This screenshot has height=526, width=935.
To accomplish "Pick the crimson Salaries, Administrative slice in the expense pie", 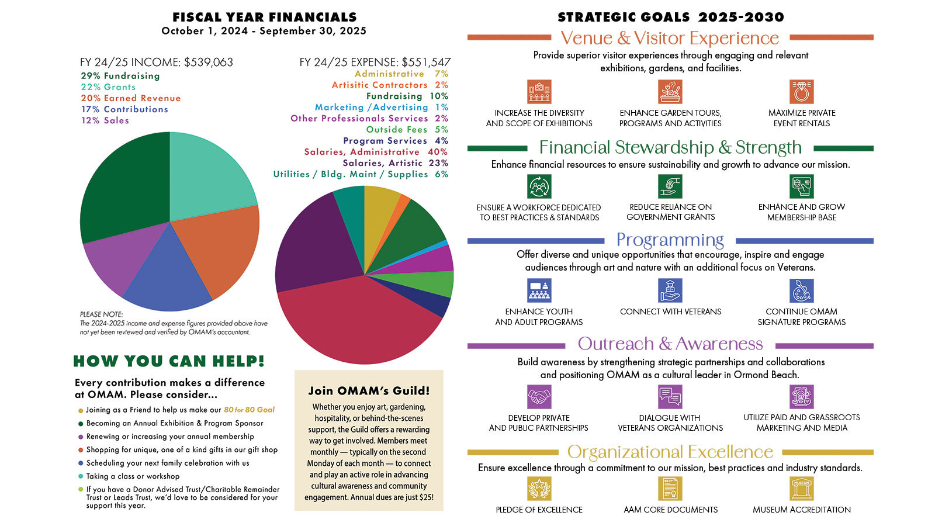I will [x=356, y=321].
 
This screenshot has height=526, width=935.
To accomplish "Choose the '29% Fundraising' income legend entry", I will [x=120, y=76].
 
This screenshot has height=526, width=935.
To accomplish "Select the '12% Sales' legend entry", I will [x=105, y=120].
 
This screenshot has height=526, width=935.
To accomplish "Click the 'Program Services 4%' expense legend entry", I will [x=396, y=141].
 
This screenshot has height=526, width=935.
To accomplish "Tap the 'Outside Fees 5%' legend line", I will [x=407, y=130].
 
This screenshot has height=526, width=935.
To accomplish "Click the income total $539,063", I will [x=209, y=62].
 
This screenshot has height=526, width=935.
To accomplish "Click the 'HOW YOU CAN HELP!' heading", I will [x=169, y=361].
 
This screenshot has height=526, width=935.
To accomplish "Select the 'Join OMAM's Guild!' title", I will [x=369, y=390].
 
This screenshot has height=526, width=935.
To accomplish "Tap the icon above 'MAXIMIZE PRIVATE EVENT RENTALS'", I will [x=801, y=92].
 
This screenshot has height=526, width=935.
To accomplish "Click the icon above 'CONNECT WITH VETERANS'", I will [x=670, y=290].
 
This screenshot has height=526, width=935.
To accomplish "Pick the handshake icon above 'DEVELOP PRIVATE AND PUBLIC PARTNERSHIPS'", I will [x=539, y=397].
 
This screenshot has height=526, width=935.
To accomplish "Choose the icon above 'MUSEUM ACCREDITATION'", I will [x=801, y=489].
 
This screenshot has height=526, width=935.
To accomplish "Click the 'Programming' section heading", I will [x=670, y=240].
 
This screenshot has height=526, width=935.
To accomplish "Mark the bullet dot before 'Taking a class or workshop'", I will [x=81, y=476].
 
